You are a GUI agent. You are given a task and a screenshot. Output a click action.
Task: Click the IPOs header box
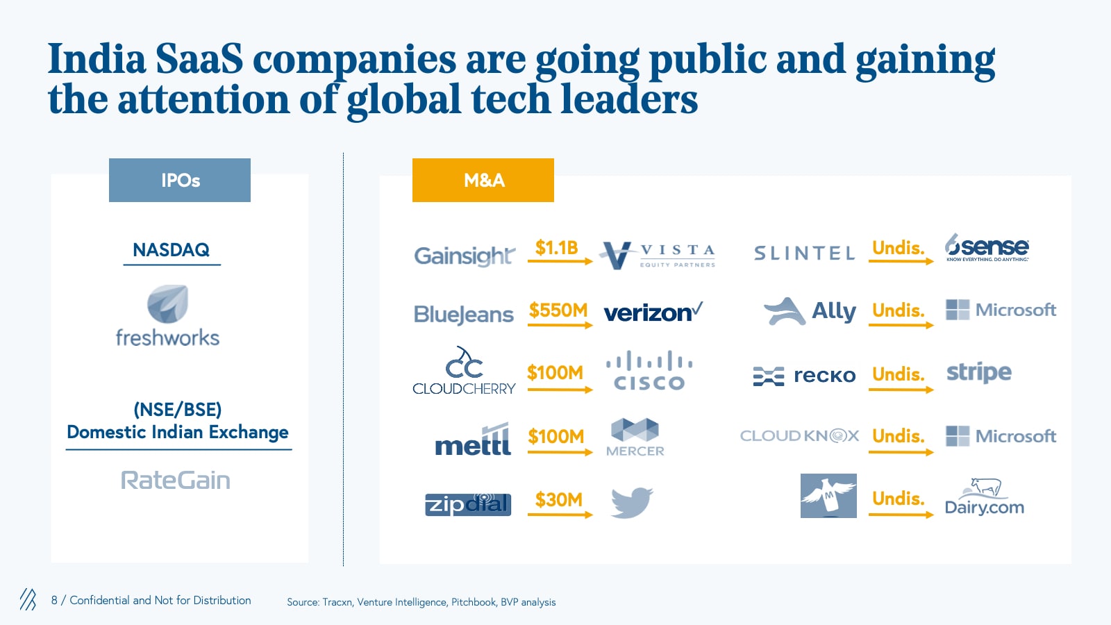click(179, 181)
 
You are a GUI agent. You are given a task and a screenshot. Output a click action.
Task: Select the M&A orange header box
click(483, 181)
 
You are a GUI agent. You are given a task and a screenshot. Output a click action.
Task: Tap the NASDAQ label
click(171, 250)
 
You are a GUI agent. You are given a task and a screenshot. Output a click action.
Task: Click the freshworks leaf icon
click(167, 303)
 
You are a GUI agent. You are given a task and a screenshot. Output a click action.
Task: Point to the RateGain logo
click(176, 480)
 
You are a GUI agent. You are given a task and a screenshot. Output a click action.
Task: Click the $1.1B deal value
click(556, 248)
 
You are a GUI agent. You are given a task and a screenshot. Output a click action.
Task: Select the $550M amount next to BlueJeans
click(558, 310)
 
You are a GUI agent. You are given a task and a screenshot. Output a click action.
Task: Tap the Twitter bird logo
click(631, 502)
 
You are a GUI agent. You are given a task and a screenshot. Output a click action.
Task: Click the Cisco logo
click(649, 372)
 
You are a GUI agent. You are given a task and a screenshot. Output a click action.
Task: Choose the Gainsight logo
click(464, 256)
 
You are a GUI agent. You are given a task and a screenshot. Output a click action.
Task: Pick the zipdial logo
click(468, 504)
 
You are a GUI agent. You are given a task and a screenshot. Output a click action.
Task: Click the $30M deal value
click(558, 499)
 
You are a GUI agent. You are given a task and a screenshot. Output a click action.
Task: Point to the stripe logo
click(979, 373)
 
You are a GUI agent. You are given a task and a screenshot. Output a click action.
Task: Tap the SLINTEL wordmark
click(804, 253)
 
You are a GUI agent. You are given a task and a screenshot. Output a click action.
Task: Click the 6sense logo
click(987, 247)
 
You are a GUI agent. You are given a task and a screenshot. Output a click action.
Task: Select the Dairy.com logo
click(984, 497)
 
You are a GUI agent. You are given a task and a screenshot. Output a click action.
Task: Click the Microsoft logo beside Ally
click(1001, 310)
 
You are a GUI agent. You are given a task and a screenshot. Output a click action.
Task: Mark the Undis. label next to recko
click(898, 374)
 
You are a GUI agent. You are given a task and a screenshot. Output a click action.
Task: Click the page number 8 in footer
click(54, 600)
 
